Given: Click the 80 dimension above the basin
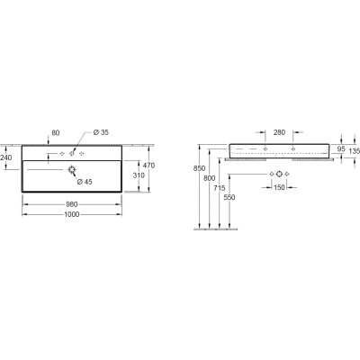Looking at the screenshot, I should (x=56, y=133).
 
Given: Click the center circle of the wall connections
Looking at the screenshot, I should (x=279, y=172).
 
